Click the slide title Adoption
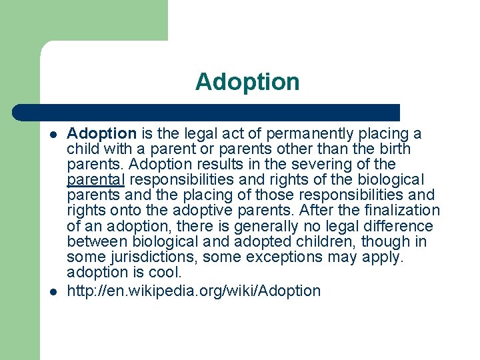[x=247, y=82]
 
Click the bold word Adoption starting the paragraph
[x=101, y=133]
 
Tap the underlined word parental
[x=95, y=179]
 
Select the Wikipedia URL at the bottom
[x=193, y=291]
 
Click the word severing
[x=322, y=164]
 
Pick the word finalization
[x=397, y=211]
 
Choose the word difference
[x=395, y=226]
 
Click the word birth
[x=393, y=149]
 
